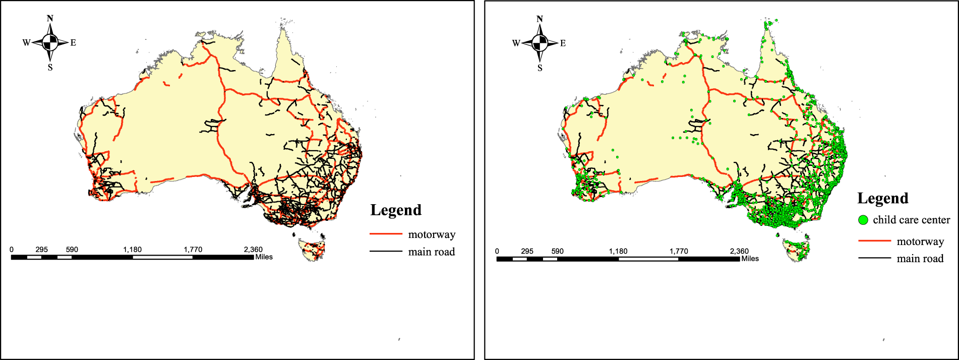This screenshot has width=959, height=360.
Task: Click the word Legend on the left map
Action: tap(396, 210)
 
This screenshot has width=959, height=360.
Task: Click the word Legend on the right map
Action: tap(883, 199)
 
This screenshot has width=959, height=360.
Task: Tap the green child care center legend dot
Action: tap(863, 220)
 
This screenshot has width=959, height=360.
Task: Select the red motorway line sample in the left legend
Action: tap(386, 234)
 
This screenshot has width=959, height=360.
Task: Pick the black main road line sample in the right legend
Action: tap(874, 258)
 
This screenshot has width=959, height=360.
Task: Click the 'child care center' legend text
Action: tap(911, 220)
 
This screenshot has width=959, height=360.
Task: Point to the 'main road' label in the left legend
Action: tap(431, 252)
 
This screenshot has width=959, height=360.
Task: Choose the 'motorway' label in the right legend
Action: tap(920, 242)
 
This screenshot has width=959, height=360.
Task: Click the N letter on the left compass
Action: tap(50, 19)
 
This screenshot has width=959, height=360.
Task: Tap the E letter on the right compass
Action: tap(563, 43)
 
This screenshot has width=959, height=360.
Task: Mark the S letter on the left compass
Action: tap(50, 68)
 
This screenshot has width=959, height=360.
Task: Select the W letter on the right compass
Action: tap(516, 43)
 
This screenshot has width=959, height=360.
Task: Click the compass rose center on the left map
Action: tap(50, 43)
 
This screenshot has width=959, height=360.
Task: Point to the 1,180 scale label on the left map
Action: tap(132, 250)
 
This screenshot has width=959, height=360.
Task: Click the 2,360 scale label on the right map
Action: tap(739, 251)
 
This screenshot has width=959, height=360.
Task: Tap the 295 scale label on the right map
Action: tap(527, 251)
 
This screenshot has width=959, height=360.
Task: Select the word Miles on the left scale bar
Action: tap(264, 257)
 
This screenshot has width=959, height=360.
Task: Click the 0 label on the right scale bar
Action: tap(497, 251)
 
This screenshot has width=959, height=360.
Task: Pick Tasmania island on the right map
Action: tap(796, 250)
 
